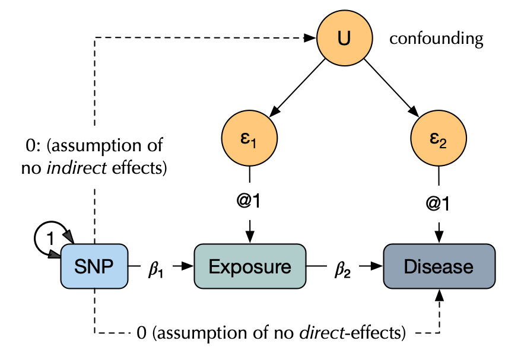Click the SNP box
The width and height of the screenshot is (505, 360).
pos(94,266)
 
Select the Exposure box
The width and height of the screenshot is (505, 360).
pos(250,266)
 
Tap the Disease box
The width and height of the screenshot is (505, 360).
pos(439,266)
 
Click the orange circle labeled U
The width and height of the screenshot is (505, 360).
pos(344,39)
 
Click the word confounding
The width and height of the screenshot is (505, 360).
pos(436,40)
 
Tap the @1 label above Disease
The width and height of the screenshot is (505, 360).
pos(439,202)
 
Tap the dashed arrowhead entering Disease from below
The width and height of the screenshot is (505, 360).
pos(439,295)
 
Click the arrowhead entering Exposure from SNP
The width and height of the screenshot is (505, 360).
pos(189,266)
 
